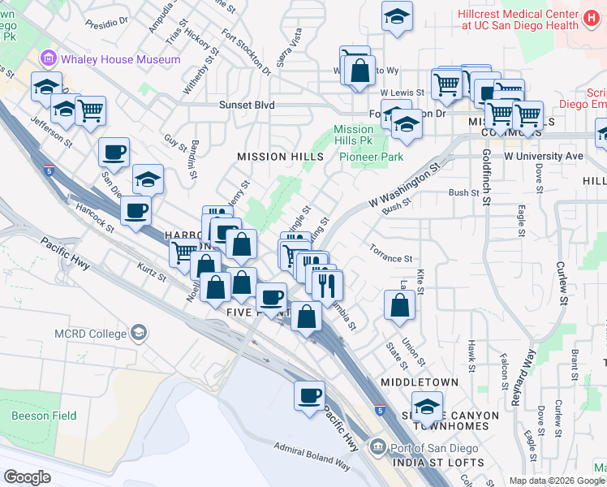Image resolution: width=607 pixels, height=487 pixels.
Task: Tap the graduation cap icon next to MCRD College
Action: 139,332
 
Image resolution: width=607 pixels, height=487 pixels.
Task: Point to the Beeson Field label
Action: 44,416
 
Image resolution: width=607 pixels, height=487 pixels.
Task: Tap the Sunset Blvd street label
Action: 248,106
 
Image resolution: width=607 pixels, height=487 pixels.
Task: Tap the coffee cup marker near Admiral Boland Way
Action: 308,396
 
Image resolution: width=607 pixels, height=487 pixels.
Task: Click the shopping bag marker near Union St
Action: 399,304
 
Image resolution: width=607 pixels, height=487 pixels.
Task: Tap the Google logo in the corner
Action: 28,476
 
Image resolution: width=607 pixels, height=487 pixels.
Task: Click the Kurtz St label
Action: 152,272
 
